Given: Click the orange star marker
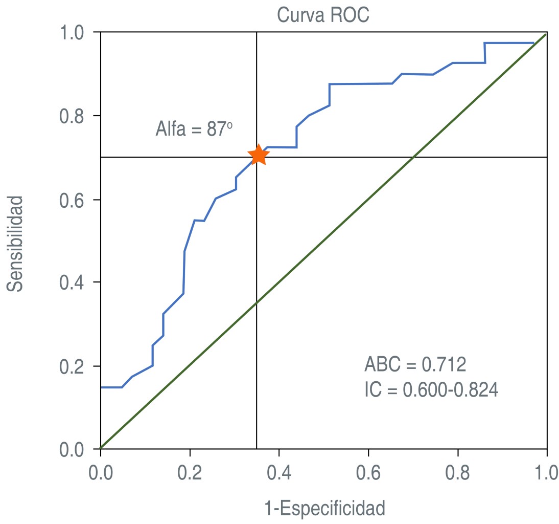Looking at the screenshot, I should click(258, 155).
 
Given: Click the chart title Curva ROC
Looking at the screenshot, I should click(323, 15).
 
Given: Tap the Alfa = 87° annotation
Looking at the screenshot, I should click(194, 129).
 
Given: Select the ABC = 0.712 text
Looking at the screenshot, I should click(415, 365).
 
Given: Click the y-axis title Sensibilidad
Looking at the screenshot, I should click(16, 243).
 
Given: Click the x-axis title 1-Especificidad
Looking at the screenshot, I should click(324, 509).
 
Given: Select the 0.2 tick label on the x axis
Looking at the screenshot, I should click(190, 472).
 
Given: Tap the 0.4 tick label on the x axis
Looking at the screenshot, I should click(279, 472).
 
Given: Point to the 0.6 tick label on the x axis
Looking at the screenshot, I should click(368, 472).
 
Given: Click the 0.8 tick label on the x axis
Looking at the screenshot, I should click(458, 472).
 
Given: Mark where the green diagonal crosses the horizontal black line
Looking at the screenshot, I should click(413, 157).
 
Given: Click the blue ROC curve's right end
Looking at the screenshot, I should click(533, 43).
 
